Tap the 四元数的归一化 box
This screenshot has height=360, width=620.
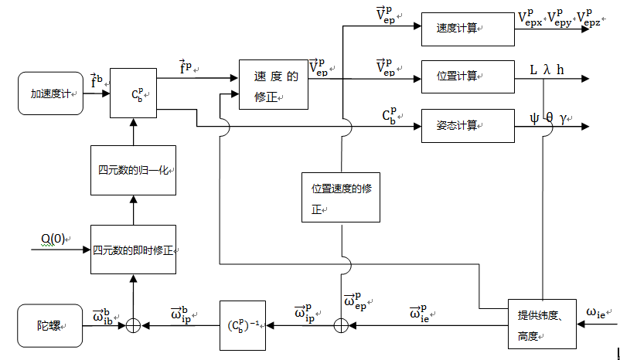click(x=134, y=170)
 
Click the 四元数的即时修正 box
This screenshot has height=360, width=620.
click(x=134, y=250)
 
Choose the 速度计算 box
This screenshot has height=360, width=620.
click(x=467, y=27)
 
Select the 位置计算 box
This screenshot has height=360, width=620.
click(x=467, y=76)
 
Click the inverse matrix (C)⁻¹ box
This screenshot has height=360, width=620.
click(x=242, y=324)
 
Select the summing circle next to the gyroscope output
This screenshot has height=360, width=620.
click(x=134, y=325)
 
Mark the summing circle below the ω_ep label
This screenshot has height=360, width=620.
click(x=341, y=325)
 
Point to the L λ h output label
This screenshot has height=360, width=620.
click(x=546, y=70)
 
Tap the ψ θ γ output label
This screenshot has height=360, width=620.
click(x=548, y=118)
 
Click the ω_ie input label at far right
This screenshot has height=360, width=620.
click(x=600, y=312)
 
